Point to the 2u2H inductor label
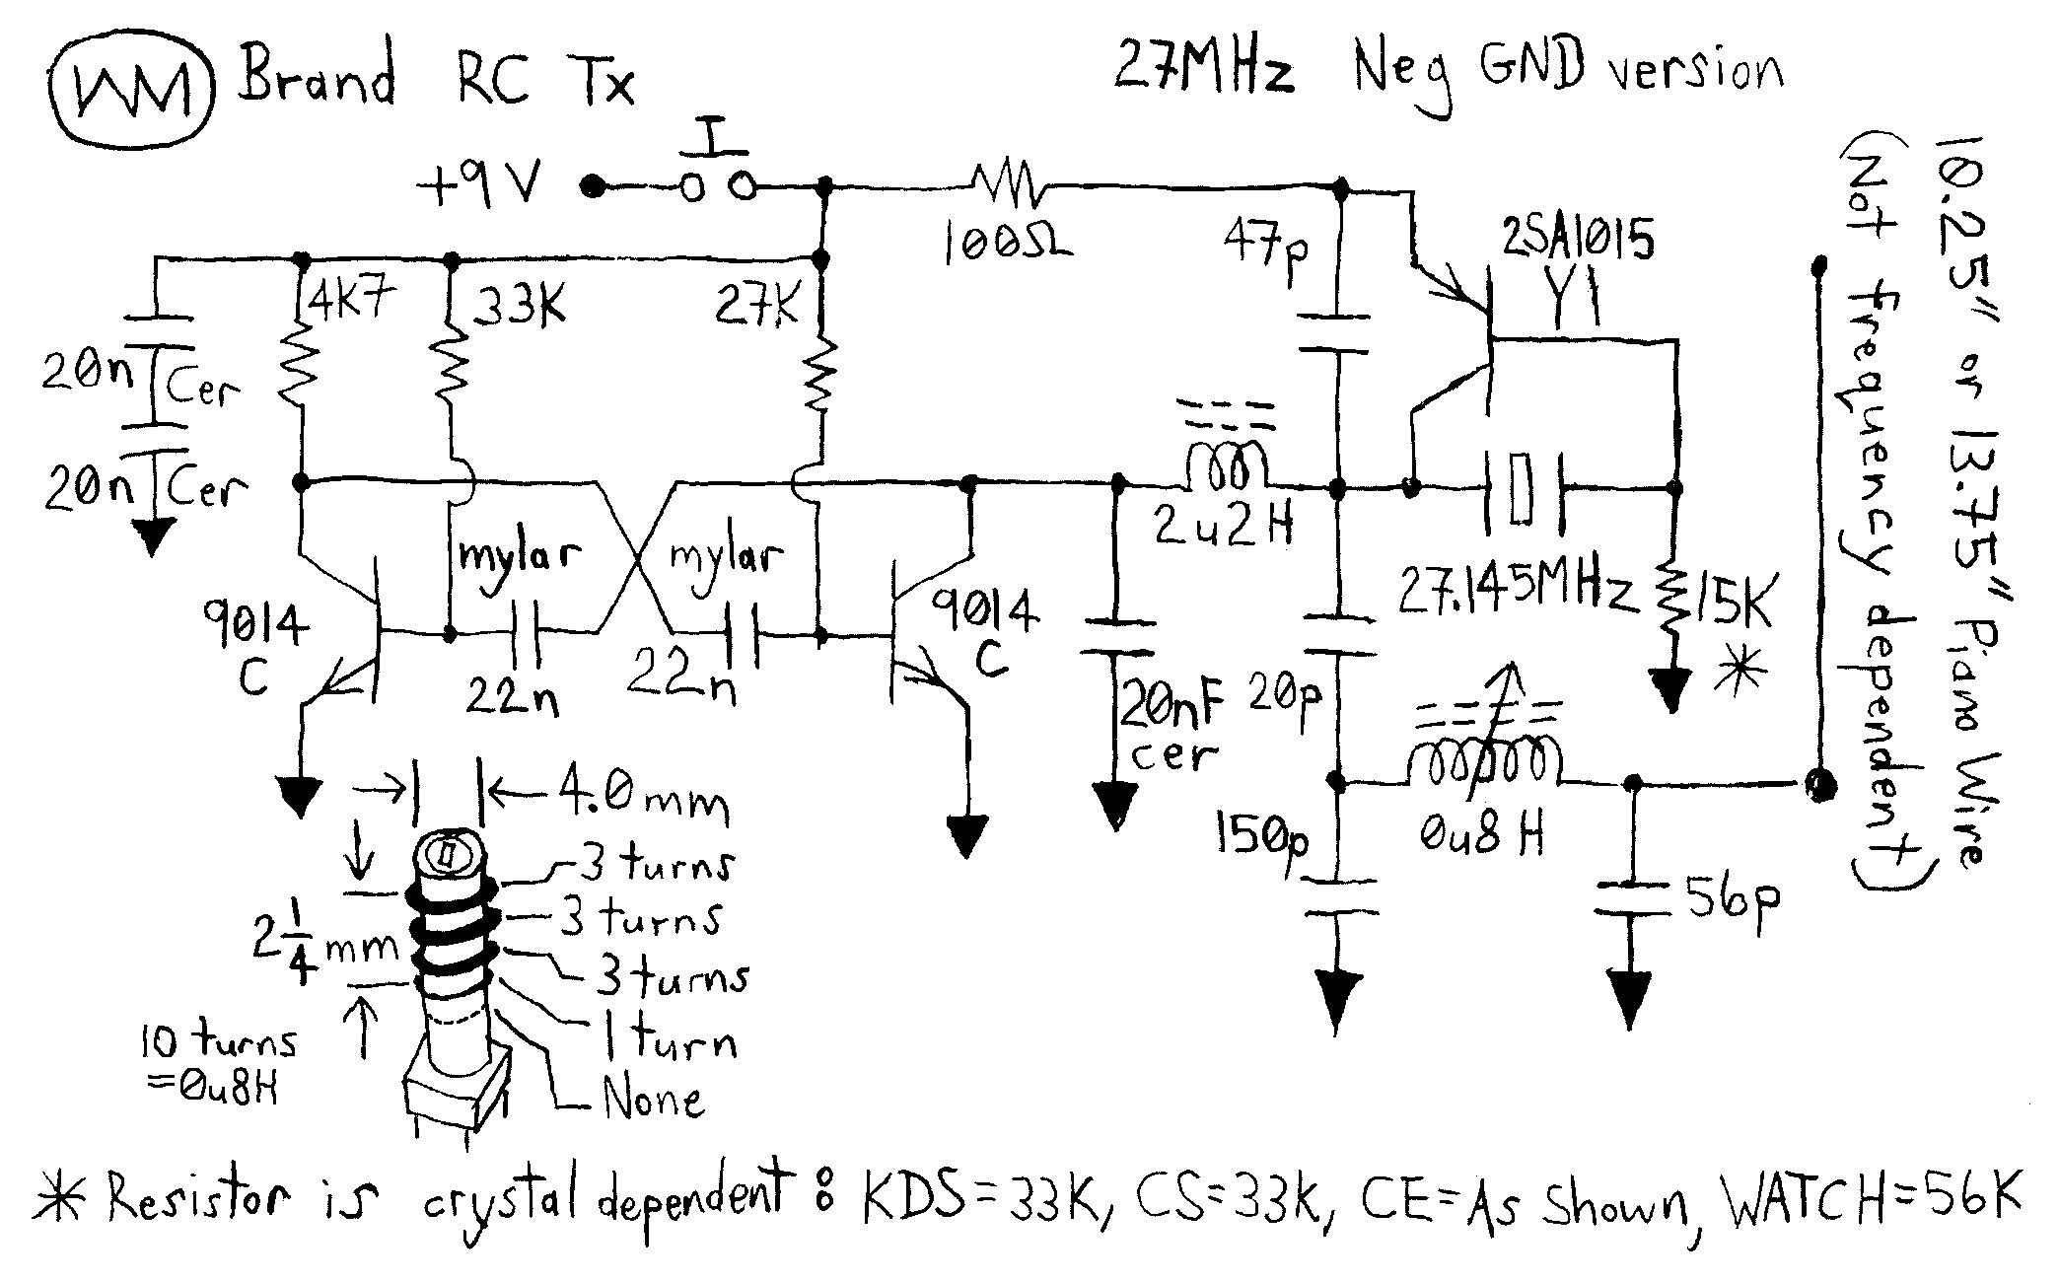[x=1223, y=530]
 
